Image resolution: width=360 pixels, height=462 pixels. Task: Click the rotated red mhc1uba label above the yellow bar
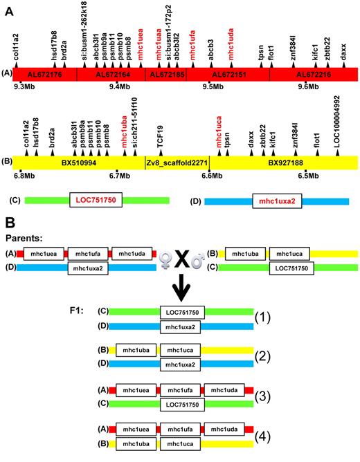click(125, 133)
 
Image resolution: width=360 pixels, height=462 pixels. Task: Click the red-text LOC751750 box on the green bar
click(97, 200)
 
